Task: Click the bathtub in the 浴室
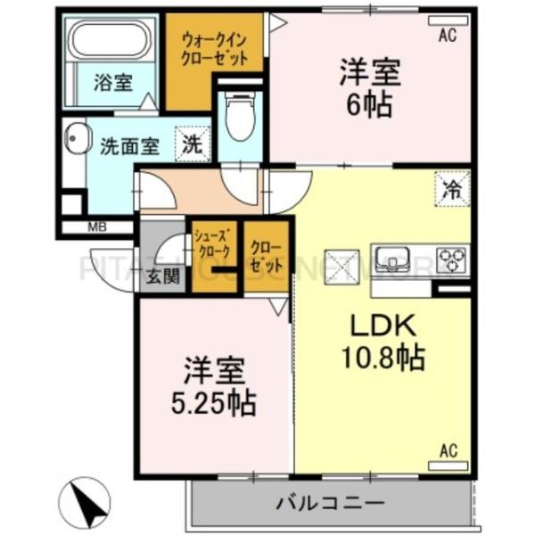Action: click(x=113, y=42)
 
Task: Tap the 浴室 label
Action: click(x=113, y=84)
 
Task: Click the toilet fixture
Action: click(x=239, y=120)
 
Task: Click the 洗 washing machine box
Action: click(x=193, y=144)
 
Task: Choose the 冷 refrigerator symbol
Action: click(x=454, y=189)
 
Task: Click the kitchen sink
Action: click(x=393, y=259)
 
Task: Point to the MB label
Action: click(x=97, y=227)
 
